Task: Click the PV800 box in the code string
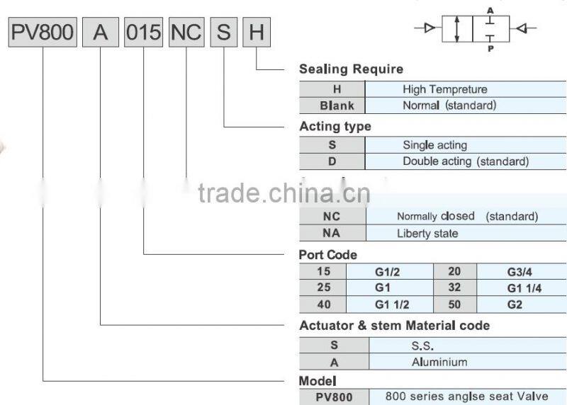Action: point(43,33)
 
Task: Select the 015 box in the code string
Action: point(144,33)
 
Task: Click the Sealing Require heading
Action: point(351,69)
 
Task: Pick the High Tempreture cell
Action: point(444,89)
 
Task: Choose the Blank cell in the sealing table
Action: point(332,106)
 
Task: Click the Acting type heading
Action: point(335,127)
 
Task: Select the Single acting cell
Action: point(434,145)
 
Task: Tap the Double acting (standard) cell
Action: point(466,161)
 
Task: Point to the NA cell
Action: point(332,233)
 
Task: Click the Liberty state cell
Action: point(427,233)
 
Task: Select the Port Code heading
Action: point(328,255)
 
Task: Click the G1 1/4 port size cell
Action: point(524,288)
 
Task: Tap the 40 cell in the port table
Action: point(323,305)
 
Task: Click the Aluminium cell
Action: point(439,362)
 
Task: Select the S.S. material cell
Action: point(422,346)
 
